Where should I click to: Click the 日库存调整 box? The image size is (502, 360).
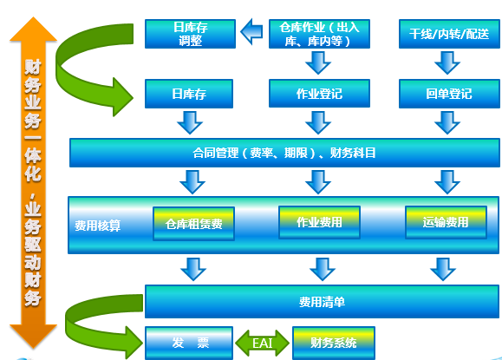point(190,34)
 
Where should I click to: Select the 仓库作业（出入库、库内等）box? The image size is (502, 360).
point(319,34)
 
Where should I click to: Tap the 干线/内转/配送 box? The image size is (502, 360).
point(449,34)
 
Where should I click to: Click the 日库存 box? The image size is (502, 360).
point(189,94)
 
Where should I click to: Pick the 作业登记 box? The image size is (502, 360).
point(319,94)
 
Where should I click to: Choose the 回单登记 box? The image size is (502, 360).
point(449,94)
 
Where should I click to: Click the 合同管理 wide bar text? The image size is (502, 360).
point(284,153)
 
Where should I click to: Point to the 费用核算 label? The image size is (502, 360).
point(98,226)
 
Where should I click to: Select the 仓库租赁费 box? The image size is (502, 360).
point(193,224)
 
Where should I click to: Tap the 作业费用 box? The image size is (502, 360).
point(319,222)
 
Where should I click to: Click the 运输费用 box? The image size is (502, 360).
point(446,222)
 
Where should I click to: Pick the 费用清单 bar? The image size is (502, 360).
point(322,302)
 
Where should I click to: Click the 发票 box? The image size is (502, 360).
point(189,343)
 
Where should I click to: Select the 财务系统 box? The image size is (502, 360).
point(334,343)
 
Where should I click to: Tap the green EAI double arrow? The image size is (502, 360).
point(263,343)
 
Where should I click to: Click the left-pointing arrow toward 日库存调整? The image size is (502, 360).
point(251,32)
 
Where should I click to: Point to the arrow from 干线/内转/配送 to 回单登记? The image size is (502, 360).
point(447,62)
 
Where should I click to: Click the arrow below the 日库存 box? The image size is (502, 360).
point(190,122)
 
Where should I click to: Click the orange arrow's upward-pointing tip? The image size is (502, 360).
point(33,17)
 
